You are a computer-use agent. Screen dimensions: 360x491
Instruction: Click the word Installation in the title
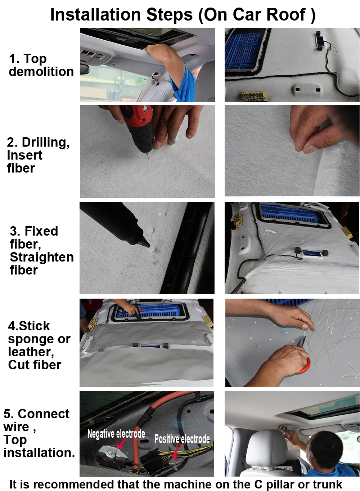click(x=95, y=15)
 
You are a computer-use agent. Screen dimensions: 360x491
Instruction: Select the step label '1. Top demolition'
click(x=41, y=65)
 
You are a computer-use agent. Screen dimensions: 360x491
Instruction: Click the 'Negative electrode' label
click(x=116, y=434)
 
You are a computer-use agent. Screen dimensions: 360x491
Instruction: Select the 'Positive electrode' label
click(x=182, y=439)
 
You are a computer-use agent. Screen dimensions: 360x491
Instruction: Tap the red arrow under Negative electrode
click(x=121, y=443)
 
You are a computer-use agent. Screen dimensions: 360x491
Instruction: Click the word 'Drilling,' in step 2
click(x=46, y=143)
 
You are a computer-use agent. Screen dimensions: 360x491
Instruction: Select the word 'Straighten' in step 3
click(x=42, y=257)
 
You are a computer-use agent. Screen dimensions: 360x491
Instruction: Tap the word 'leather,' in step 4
click(x=31, y=352)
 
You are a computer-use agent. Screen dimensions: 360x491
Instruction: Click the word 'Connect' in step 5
click(x=44, y=414)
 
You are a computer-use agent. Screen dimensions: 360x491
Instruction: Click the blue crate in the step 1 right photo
click(x=243, y=53)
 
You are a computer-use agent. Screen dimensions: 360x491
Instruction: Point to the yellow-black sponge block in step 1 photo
click(x=253, y=96)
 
